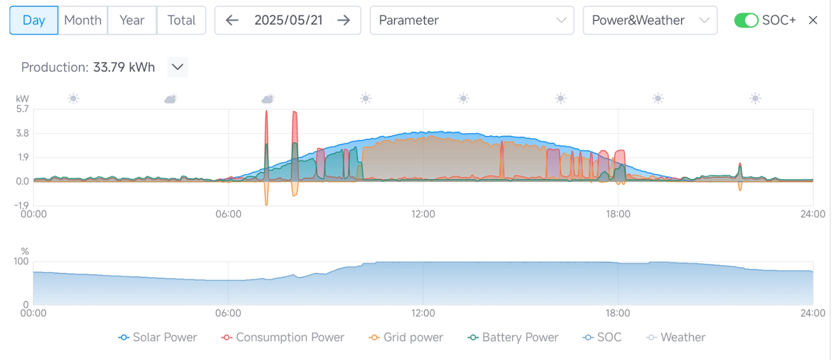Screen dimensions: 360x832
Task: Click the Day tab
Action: click(33, 20)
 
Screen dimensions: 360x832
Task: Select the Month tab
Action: click(82, 20)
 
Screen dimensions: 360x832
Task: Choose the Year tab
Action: click(132, 20)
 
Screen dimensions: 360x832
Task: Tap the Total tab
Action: click(181, 20)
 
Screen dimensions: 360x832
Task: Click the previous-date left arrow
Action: click(232, 20)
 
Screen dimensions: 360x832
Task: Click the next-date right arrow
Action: click(343, 20)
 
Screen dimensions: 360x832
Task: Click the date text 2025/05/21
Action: click(288, 20)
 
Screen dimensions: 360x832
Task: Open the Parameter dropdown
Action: click(471, 20)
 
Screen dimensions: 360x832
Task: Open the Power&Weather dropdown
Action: click(649, 20)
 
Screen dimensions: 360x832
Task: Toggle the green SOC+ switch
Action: click(746, 20)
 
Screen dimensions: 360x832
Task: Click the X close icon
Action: click(813, 20)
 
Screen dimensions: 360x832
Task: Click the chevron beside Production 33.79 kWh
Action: click(177, 67)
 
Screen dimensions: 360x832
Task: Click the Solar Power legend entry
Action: click(158, 337)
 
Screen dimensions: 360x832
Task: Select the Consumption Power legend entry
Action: click(283, 337)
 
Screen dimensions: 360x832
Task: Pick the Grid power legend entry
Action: click(406, 337)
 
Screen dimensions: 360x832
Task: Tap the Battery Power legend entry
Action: click(513, 337)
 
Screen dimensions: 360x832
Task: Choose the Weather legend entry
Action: click(676, 337)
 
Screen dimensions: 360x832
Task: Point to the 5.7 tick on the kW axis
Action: click(22, 109)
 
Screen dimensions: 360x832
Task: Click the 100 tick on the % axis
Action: click(21, 261)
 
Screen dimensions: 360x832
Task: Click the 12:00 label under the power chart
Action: click(423, 214)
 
